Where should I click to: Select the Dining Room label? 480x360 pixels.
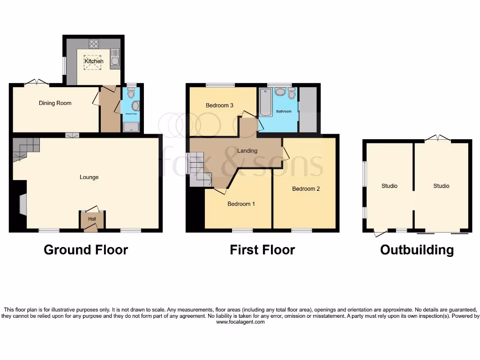55,103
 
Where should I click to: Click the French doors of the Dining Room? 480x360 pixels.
37,82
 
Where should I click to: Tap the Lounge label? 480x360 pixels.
89,177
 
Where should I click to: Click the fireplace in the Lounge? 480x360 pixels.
22,204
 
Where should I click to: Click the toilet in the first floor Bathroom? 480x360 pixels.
292,95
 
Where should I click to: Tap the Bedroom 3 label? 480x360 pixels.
219,105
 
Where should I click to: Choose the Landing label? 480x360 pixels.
247,150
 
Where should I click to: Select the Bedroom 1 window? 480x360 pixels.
242,230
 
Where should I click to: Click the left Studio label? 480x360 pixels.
389,186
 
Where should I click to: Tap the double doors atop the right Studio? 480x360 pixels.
438,138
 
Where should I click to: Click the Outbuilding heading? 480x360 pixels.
417,250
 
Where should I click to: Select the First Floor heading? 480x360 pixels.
262,250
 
